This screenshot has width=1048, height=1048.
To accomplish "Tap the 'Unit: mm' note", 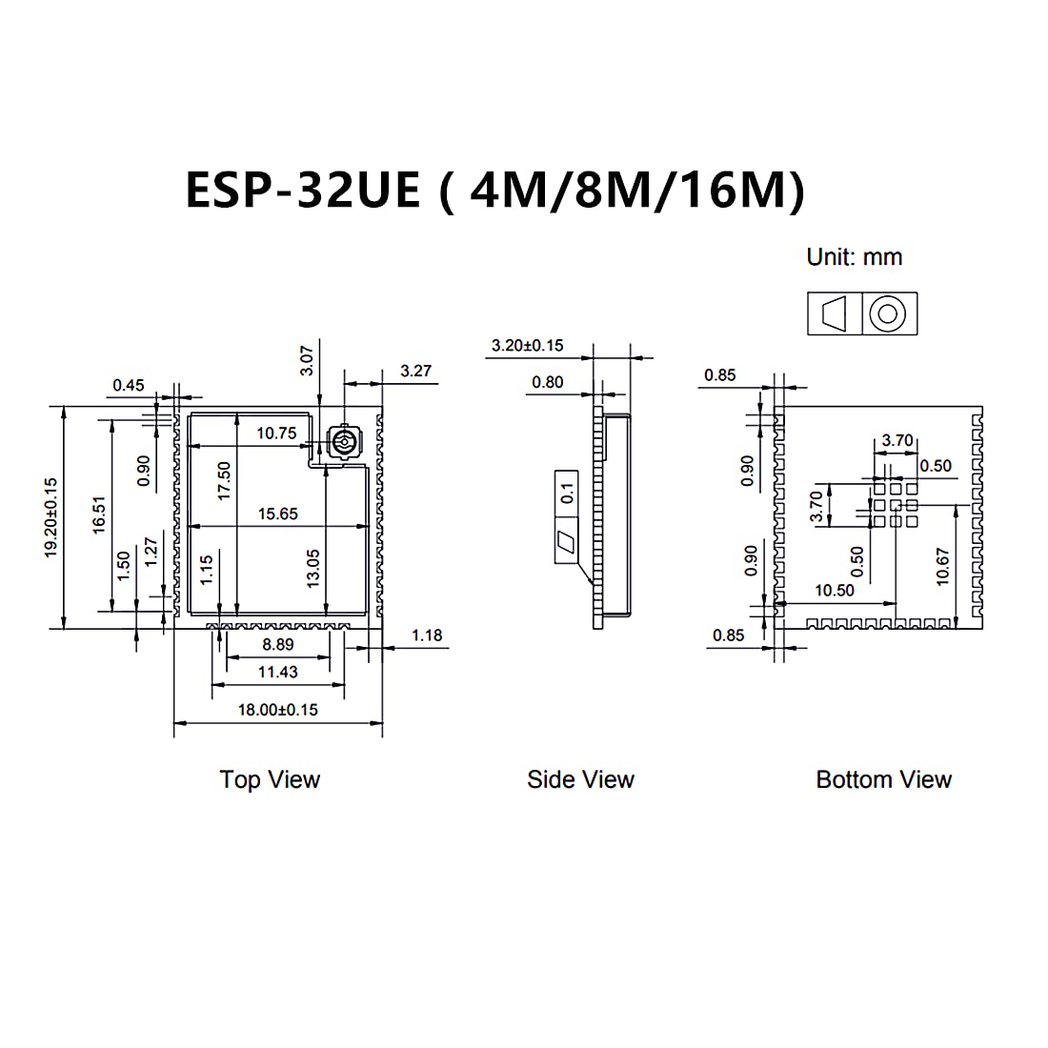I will pyautogui.click(x=854, y=257).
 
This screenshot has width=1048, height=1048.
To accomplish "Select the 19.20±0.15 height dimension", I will pyautogui.click(x=51, y=517).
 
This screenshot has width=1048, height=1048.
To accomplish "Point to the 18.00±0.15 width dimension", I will pyautogui.click(x=277, y=710).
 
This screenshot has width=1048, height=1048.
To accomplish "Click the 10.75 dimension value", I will pyautogui.click(x=276, y=433).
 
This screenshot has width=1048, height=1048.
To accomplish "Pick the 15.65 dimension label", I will pyautogui.click(x=277, y=514).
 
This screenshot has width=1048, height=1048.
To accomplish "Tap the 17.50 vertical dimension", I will pyautogui.click(x=224, y=481).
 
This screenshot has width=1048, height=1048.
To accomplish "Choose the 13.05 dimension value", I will pyautogui.click(x=312, y=569).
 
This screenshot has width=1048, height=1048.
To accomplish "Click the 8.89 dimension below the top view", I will pyautogui.click(x=277, y=645).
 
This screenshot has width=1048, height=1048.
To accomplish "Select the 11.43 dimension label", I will pyautogui.click(x=277, y=673).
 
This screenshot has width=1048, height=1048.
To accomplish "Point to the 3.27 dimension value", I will pyautogui.click(x=416, y=372).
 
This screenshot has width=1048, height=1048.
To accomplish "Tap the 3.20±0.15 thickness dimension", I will pyautogui.click(x=527, y=346).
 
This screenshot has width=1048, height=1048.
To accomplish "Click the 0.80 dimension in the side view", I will pyautogui.click(x=547, y=383).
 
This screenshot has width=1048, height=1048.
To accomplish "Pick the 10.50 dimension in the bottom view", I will pyautogui.click(x=834, y=591).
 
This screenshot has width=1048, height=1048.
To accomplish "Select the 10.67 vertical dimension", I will pyautogui.click(x=942, y=566).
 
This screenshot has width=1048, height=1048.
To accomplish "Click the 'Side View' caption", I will pyautogui.click(x=580, y=780).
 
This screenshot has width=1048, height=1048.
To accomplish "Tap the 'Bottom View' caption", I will pyautogui.click(x=883, y=780).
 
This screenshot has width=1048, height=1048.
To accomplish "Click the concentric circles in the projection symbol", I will pyautogui.click(x=890, y=313).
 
